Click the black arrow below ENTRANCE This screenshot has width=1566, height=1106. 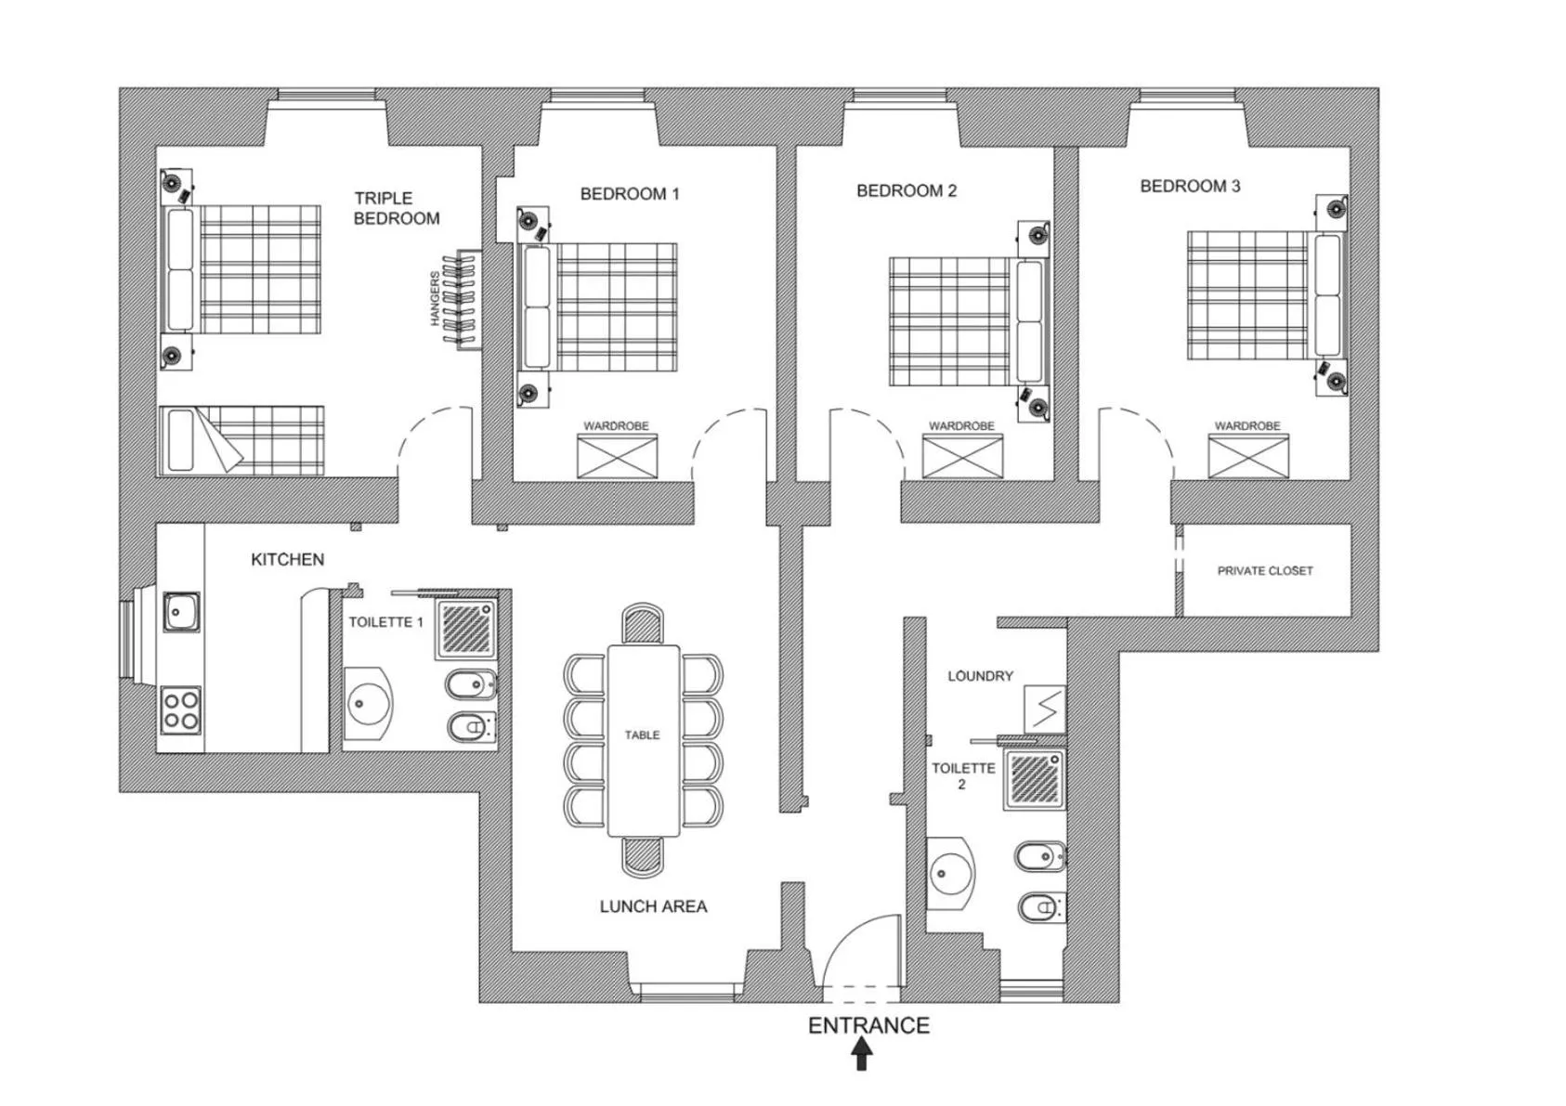click(862, 1054)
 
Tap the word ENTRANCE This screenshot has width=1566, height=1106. click(868, 1025)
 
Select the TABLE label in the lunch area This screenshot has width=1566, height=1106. click(642, 735)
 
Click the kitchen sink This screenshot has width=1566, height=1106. click(181, 612)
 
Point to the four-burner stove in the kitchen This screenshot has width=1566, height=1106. click(181, 709)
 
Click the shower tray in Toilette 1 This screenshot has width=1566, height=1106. click(467, 629)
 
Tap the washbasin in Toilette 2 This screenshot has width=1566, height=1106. click(950, 873)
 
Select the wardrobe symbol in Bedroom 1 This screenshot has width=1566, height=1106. click(617, 456)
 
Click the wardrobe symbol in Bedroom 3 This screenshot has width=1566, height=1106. click(1247, 456)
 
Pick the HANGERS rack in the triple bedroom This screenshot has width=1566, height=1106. click(462, 299)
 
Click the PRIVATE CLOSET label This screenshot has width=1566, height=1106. click(1265, 571)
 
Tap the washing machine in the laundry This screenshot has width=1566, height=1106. click(1044, 709)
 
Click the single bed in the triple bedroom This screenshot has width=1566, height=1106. click(241, 439)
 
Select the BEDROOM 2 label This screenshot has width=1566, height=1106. click(906, 190)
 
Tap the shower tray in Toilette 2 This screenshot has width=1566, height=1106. click(1035, 779)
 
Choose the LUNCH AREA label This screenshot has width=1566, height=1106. click(653, 906)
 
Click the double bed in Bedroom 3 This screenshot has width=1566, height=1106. click(1263, 295)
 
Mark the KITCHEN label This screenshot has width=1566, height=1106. click(287, 559)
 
